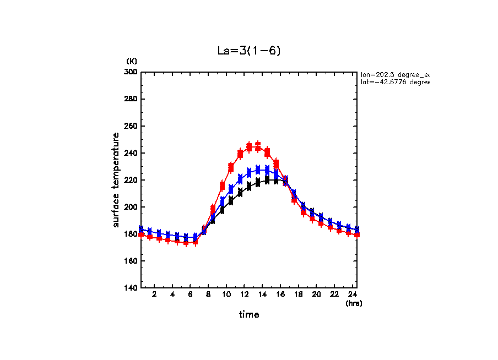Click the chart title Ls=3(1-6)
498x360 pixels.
[x=249, y=51]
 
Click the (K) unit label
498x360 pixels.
[x=132, y=61]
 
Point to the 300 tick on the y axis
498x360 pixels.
[x=131, y=72]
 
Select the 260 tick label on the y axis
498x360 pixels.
[x=131, y=126]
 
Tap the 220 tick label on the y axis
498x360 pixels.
[x=131, y=180]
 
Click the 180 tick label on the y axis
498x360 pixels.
[x=131, y=234]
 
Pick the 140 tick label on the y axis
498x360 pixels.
[x=131, y=288]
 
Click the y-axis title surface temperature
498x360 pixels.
[x=116, y=180]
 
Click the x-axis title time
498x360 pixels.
[x=249, y=315]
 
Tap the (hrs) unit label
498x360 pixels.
[x=354, y=303]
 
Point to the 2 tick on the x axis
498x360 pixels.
[x=154, y=295]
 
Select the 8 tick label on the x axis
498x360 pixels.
[x=208, y=295]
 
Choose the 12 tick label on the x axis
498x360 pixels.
[x=245, y=295]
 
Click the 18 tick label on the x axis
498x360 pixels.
[x=299, y=295]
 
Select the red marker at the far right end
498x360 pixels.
[x=357, y=234]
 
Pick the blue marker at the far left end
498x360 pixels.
[x=141, y=229]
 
